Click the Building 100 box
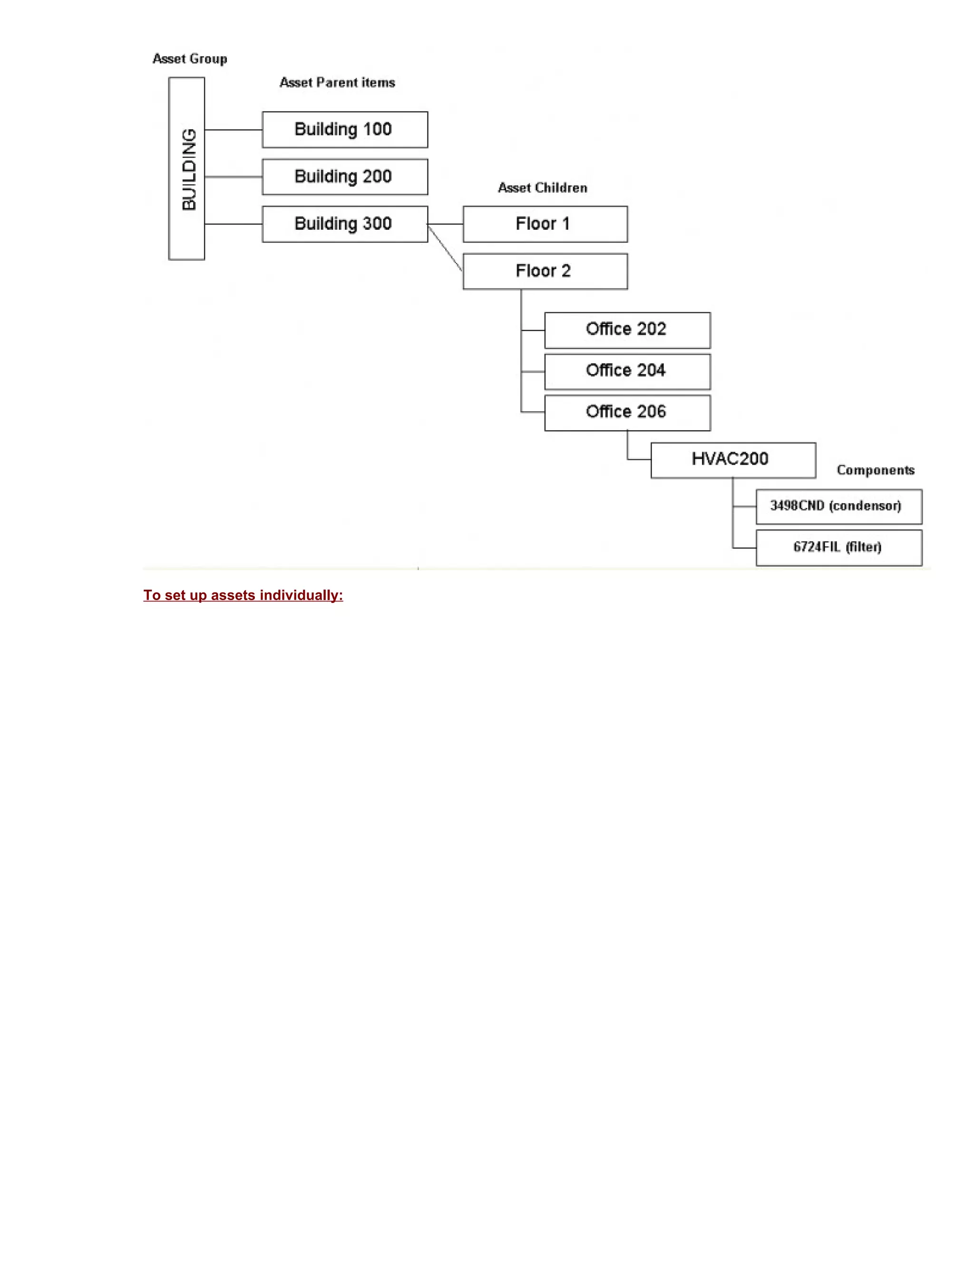344,130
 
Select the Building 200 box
344,177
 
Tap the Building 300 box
344,224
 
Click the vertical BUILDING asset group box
186,168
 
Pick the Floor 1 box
545,224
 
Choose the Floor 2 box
545,271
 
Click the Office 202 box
627,330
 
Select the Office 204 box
627,371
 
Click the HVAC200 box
733,460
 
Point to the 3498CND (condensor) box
838,506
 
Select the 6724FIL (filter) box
838,547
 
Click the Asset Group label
190,59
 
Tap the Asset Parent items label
337,83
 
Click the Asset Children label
542,187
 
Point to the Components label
876,470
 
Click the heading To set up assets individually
243,595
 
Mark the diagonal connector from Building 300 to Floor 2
445,248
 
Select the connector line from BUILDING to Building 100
233,130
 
